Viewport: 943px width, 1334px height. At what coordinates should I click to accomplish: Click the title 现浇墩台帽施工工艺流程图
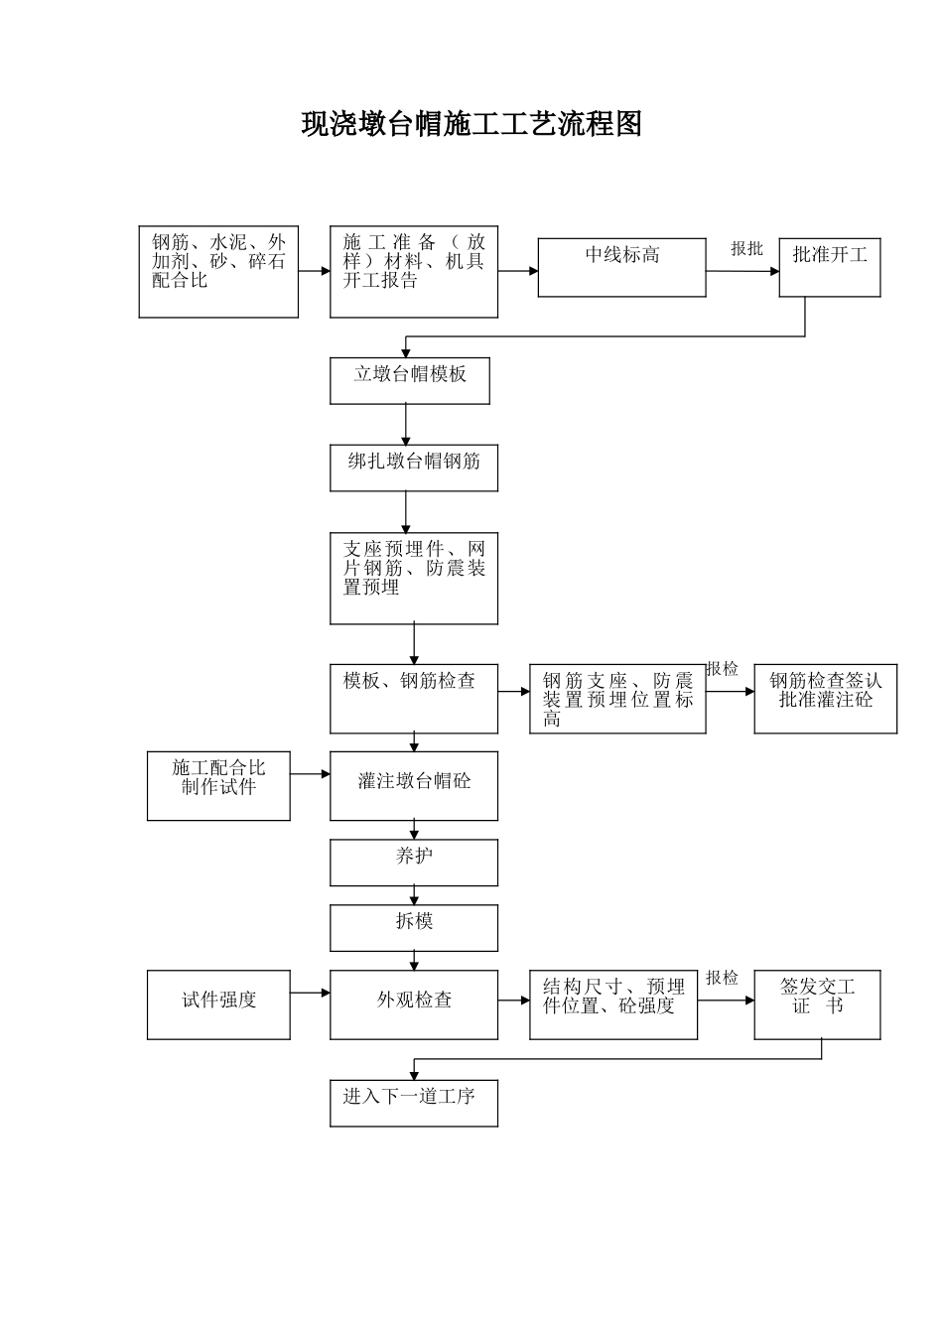471,124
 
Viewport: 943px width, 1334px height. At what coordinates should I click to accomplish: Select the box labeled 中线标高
621,267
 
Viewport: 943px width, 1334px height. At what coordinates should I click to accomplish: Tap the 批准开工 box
829,267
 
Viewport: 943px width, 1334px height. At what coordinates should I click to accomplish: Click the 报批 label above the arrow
746,249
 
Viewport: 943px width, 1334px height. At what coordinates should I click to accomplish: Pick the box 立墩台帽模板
409,380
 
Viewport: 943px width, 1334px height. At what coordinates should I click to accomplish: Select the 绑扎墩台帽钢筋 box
413,467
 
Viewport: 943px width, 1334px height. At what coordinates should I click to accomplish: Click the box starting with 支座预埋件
413,578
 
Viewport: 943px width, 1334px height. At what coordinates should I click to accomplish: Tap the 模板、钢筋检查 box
413,699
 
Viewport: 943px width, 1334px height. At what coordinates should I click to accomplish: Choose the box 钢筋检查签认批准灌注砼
825,699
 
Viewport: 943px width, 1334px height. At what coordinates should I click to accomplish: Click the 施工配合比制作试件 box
218,786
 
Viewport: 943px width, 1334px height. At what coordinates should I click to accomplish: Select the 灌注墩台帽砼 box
413,786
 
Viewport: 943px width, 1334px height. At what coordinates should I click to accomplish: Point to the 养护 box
413,863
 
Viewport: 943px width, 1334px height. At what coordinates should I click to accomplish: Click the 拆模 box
413,928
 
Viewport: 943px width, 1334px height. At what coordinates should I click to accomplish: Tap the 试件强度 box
218,1004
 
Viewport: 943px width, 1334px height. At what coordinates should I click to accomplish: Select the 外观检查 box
413,1004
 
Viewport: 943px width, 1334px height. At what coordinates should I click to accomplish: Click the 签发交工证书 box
817,1004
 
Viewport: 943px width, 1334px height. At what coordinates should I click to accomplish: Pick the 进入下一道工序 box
413,1103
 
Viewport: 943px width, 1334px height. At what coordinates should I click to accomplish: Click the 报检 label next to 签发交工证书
722,978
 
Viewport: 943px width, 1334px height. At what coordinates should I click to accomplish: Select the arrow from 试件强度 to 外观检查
310,993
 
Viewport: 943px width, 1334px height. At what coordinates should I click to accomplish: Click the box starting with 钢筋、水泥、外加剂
218,272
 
